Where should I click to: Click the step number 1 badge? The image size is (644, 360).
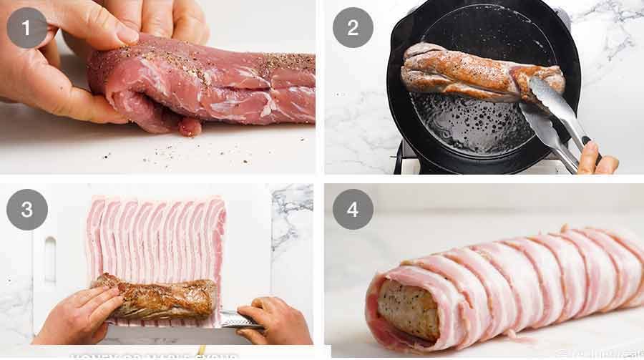click(x=27, y=27)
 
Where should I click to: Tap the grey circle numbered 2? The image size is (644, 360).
click(x=353, y=27)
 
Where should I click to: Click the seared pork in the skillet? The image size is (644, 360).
click(x=465, y=72)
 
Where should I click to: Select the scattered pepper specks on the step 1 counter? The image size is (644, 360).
click(x=107, y=152)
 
